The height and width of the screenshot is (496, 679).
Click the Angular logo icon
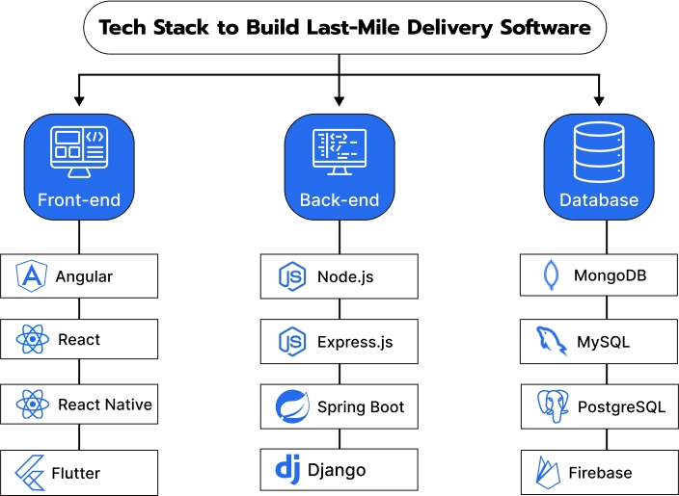point(33,277)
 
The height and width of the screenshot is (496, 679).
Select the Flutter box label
point(77,473)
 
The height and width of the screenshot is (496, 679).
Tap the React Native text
point(105,405)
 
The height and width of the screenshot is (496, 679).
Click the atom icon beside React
point(33,340)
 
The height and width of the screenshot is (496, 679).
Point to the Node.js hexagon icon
point(291,277)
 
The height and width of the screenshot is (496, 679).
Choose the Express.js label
point(355,342)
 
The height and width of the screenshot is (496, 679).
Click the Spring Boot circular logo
point(291,406)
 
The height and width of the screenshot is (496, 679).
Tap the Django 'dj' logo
point(288,471)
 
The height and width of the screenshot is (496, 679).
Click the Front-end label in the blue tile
point(79,200)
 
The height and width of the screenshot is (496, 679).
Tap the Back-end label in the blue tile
point(339,200)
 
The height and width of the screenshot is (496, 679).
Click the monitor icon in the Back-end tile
point(339,153)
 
